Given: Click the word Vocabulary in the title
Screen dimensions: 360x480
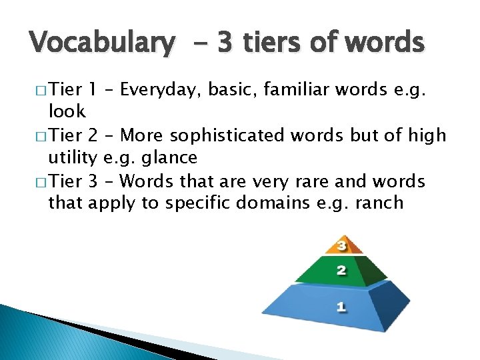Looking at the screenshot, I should pos(101,43).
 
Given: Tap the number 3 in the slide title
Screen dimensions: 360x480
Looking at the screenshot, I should pos(225,43).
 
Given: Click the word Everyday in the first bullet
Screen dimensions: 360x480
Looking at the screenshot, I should pos(158,90).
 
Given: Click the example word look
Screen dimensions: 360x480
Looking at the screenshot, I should pos(67,112).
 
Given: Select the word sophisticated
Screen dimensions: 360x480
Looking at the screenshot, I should pos(231,135).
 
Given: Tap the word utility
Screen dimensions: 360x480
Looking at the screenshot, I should pos(72,157).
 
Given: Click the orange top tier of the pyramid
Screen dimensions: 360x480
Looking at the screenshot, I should pos(341,246).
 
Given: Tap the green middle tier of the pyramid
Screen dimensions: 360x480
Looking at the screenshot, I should pos(341,271).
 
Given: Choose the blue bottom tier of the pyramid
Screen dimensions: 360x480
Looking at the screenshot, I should pos(341,307).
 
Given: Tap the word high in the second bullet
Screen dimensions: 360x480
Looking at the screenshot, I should pos(426,136).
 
